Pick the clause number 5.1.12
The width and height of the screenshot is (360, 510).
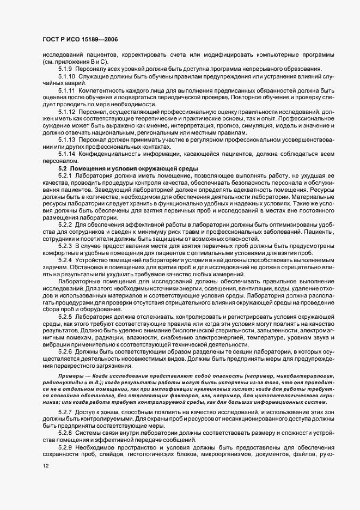(67, 111)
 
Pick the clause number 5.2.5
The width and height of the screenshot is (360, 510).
(65, 317)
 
